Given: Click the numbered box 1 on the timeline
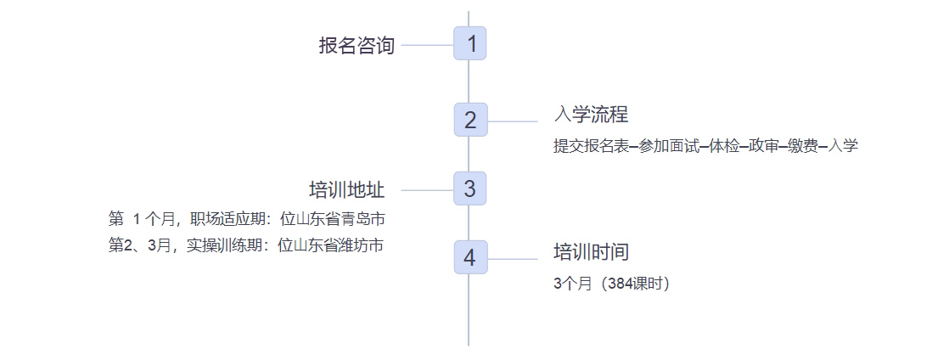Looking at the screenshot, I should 469,43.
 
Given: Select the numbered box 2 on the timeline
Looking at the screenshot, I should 469,120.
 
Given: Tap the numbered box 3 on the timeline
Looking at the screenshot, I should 469,188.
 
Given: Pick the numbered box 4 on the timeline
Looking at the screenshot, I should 469,257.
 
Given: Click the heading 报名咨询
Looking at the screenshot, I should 357,46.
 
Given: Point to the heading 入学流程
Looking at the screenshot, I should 591,115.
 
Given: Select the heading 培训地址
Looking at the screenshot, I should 346,189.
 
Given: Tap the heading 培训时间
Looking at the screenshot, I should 591,252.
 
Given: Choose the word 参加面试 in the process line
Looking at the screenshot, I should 666,146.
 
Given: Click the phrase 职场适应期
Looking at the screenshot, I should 225,219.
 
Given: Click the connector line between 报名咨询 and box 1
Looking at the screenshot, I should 427,45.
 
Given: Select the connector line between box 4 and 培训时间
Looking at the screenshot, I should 512,259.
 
